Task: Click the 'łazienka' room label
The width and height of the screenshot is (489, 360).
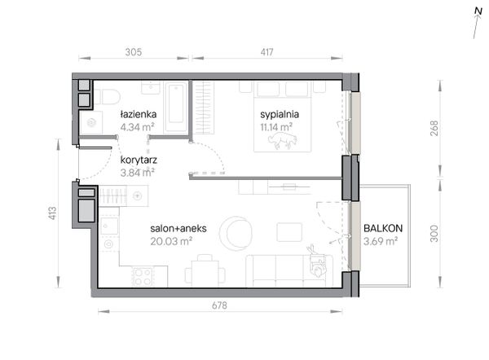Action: [x=139, y=114]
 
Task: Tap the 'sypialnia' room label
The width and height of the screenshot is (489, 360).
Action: [x=280, y=114]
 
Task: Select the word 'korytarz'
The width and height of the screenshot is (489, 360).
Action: [x=139, y=160]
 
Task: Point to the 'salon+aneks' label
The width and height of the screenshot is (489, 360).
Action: [x=178, y=229]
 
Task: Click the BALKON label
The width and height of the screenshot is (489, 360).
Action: [x=383, y=229]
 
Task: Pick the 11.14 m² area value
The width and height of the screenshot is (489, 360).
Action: [x=276, y=127]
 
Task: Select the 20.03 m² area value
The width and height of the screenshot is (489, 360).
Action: [x=171, y=241]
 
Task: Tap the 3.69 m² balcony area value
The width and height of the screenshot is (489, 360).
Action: [x=381, y=241]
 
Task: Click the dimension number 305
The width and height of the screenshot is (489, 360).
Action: [x=134, y=52]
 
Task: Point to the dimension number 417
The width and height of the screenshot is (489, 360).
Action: [x=267, y=52]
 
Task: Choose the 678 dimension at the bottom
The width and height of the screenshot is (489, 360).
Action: [x=219, y=305]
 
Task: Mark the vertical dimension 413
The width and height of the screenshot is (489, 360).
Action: [x=52, y=213]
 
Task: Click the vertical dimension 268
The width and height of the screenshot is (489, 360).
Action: [x=434, y=128]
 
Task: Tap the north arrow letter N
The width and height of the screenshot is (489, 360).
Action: [x=478, y=11]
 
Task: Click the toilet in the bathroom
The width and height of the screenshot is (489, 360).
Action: [x=108, y=97]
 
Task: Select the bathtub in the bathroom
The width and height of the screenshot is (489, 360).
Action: [x=176, y=107]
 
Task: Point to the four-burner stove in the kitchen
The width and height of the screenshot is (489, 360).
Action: [x=143, y=277]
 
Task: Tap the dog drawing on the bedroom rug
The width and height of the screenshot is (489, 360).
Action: [x=282, y=141]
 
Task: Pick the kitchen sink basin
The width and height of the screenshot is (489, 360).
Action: [x=109, y=226]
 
